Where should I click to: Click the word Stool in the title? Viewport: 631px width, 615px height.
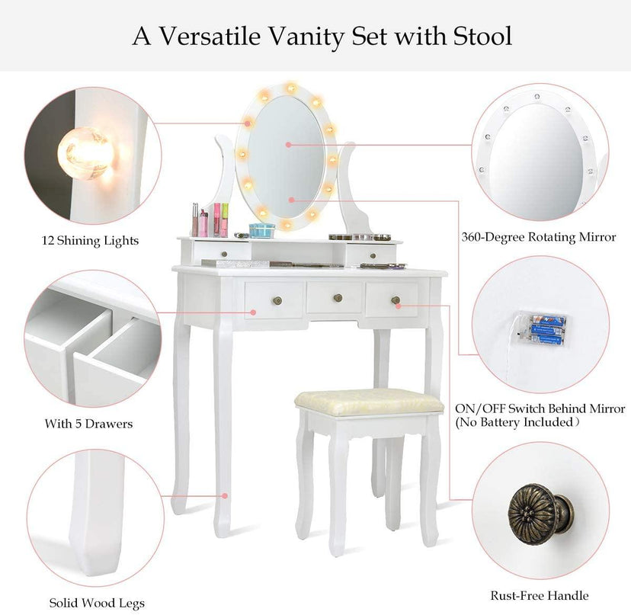click(x=482, y=37)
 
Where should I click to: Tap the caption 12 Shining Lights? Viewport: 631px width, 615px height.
click(x=90, y=241)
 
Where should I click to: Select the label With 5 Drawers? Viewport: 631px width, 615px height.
click(x=88, y=424)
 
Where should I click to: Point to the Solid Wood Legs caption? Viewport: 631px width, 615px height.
click(x=97, y=603)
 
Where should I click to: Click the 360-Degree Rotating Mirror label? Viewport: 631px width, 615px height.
click(x=539, y=237)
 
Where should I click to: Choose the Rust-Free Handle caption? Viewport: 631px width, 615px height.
click(x=540, y=596)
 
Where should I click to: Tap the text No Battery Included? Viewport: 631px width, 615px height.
click(x=517, y=422)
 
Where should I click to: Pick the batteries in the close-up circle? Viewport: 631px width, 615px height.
click(x=547, y=331)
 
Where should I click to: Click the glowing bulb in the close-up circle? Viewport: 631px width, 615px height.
click(x=85, y=154)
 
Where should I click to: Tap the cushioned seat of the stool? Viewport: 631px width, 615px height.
click(x=369, y=402)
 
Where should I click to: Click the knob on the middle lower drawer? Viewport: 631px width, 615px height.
click(x=338, y=298)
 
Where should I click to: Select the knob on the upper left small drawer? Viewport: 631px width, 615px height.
click(x=224, y=254)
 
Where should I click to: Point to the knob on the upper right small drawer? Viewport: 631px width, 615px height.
click(x=373, y=255)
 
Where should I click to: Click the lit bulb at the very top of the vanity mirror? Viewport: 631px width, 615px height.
click(x=290, y=88)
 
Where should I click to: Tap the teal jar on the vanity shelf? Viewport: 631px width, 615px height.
click(x=262, y=231)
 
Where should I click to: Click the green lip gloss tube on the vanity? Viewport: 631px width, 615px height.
click(x=225, y=219)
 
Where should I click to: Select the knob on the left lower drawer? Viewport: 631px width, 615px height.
click(x=277, y=300)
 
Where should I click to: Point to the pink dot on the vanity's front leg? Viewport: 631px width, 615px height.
click(x=226, y=496)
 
